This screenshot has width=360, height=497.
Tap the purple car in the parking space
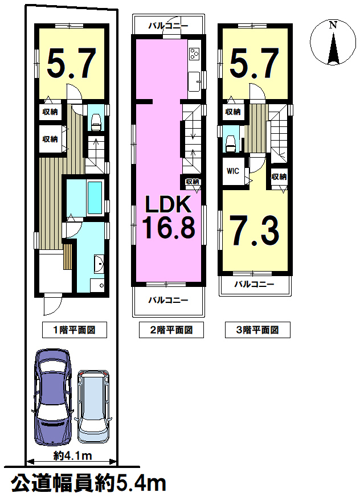52,397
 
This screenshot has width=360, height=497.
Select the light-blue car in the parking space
93,406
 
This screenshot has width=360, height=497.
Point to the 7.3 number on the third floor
255,231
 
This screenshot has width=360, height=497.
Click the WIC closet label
233,171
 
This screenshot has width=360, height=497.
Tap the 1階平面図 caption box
74,330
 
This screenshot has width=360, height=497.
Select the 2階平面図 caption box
171,330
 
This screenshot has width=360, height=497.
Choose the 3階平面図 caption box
257,330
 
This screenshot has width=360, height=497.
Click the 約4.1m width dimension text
72,456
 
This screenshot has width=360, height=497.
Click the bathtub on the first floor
95,198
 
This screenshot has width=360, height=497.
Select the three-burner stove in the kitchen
194,54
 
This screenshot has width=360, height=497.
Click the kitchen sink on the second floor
194,81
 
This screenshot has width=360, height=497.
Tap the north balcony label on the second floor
169,26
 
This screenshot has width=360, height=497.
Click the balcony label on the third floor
254,284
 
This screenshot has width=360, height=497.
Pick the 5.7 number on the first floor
72,63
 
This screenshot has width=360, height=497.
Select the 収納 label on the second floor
192,182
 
